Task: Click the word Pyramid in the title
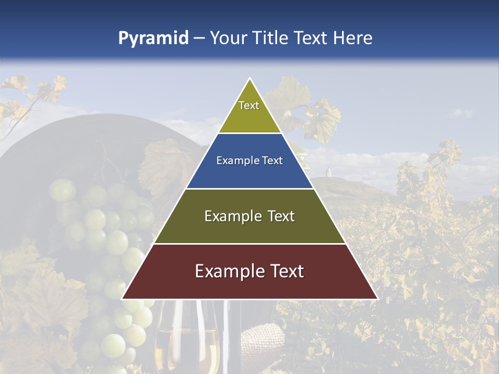point(153,38)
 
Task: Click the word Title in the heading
point(271,38)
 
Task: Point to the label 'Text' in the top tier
point(249,105)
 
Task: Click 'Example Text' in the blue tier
point(249,161)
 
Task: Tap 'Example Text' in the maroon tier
point(249,271)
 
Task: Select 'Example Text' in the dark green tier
point(249,216)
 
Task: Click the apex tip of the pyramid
point(249,79)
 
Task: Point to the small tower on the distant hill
point(329,172)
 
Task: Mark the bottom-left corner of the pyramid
point(122,299)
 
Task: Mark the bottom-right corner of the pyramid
point(377,299)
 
